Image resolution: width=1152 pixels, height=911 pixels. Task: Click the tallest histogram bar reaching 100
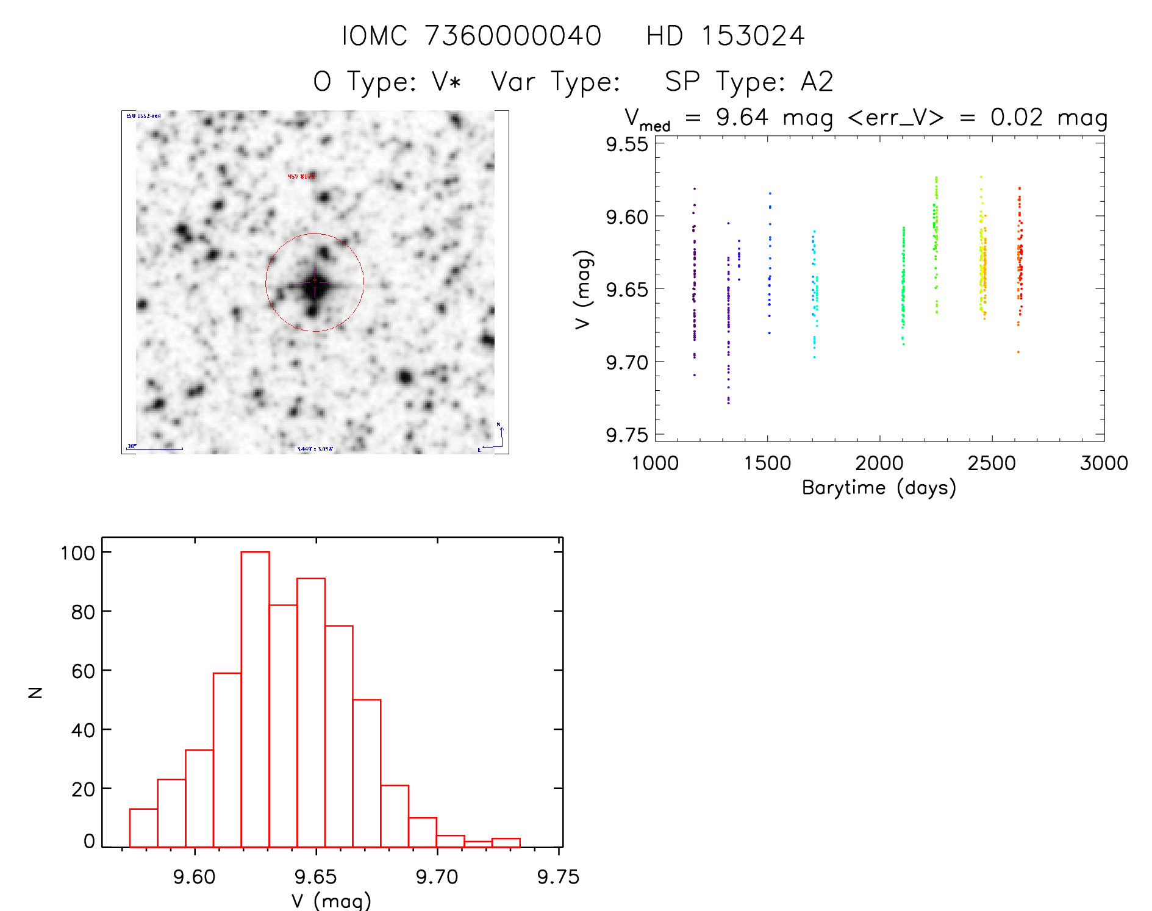pyautogui.click(x=255, y=699)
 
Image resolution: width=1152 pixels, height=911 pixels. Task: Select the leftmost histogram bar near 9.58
pyautogui.click(x=143, y=827)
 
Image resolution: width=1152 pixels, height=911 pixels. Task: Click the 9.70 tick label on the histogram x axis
pyautogui.click(x=437, y=877)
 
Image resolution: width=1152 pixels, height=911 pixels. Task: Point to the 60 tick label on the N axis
pyautogui.click(x=83, y=671)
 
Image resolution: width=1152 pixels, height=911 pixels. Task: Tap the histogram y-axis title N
pyautogui.click(x=36, y=692)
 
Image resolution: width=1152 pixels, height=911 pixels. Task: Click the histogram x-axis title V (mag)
pyautogui.click(x=331, y=900)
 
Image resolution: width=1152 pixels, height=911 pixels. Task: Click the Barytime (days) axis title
pyautogui.click(x=879, y=488)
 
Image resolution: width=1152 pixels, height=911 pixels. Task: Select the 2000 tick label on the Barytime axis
pyautogui.click(x=879, y=463)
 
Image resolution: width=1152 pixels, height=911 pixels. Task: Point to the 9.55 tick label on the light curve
pyautogui.click(x=626, y=145)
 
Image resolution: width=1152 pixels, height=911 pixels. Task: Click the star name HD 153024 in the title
pyautogui.click(x=725, y=36)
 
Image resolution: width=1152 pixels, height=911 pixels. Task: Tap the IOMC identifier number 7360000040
pyautogui.click(x=513, y=36)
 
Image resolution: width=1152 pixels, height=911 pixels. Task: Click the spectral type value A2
pyautogui.click(x=817, y=82)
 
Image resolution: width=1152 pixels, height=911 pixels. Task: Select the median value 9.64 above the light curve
pyautogui.click(x=742, y=117)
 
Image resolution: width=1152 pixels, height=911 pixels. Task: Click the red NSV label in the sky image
pyautogui.click(x=301, y=176)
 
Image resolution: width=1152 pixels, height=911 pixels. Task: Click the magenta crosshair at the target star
pyautogui.click(x=315, y=283)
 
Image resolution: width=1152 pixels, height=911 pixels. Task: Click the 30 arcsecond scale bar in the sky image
pyautogui.click(x=155, y=449)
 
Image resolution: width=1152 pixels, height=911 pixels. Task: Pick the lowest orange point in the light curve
pyautogui.click(x=1018, y=352)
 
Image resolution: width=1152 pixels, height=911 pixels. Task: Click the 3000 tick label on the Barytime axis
pyautogui.click(x=1104, y=463)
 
